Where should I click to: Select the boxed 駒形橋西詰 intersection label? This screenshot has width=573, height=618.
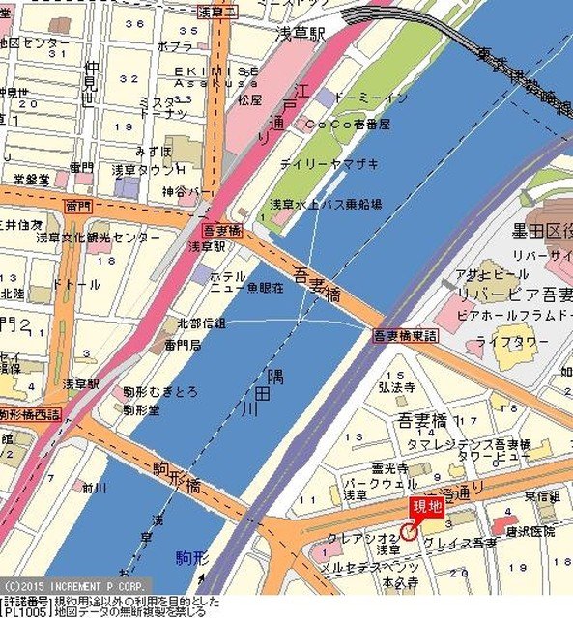click(x=30, y=414)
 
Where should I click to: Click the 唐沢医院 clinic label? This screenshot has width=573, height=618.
click(x=523, y=531)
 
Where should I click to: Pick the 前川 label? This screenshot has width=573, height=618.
click(x=94, y=487)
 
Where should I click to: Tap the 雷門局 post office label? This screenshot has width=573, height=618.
click(x=182, y=343)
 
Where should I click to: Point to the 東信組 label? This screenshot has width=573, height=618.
click(x=542, y=496)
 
